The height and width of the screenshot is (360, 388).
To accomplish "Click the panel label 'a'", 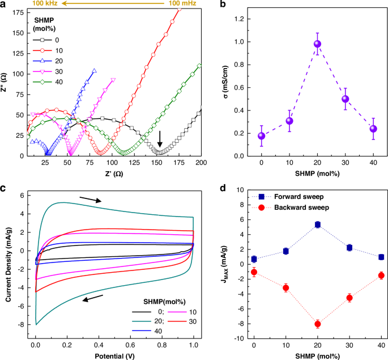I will pyautogui.click(x=4, y=5).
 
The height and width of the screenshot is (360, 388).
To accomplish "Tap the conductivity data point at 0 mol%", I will pyautogui.click(x=261, y=136).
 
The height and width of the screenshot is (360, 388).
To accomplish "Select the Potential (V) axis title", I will pyautogui.click(x=114, y=355).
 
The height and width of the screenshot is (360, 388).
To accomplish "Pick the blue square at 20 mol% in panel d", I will pyautogui.click(x=317, y=225).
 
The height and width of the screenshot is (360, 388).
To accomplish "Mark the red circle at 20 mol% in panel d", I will pyautogui.click(x=317, y=324).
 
